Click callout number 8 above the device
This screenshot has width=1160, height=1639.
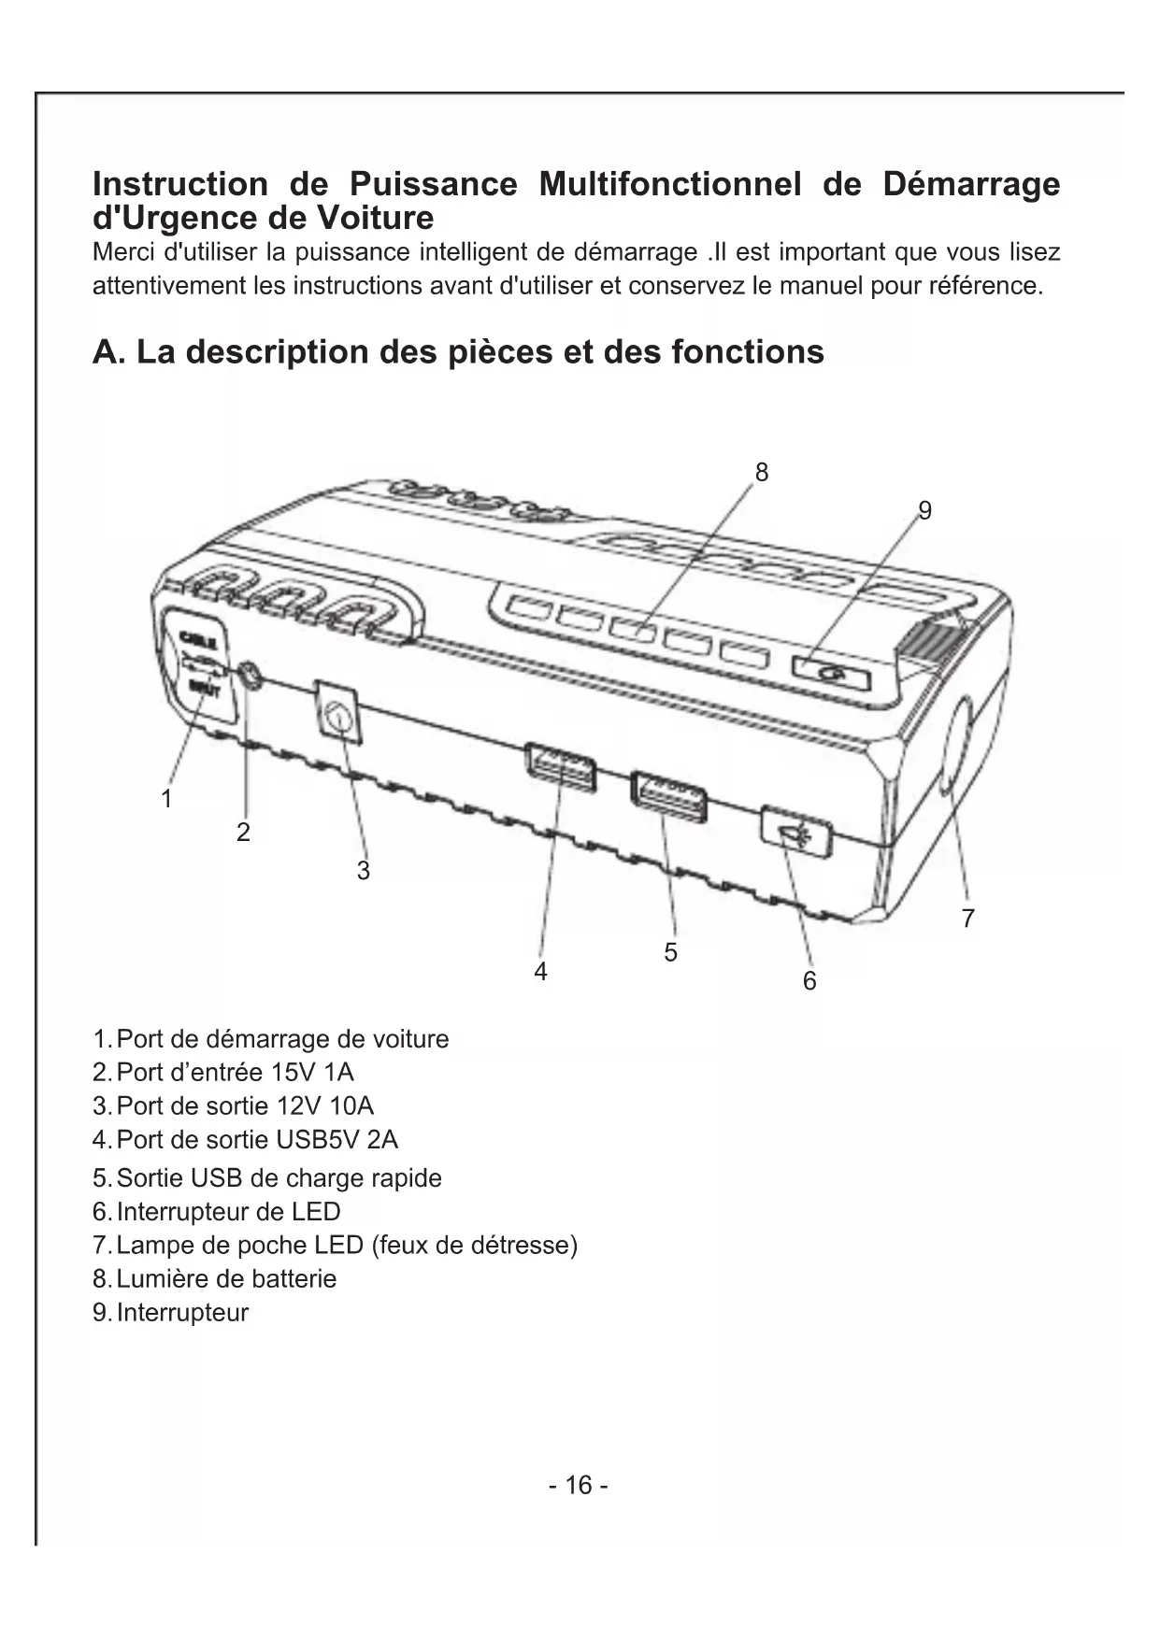click(x=762, y=473)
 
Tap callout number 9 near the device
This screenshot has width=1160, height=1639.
click(x=924, y=510)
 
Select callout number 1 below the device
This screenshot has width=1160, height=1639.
click(x=166, y=799)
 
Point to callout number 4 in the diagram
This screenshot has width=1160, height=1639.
click(x=540, y=972)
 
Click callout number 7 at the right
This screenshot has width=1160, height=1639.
click(x=968, y=919)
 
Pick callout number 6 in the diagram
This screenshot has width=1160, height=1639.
click(x=809, y=981)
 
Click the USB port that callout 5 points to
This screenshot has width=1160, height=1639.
click(x=668, y=797)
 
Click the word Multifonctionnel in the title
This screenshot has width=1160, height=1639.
click(x=670, y=184)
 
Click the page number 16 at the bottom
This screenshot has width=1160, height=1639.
click(x=579, y=1485)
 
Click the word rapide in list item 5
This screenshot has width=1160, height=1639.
click(x=406, y=1178)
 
